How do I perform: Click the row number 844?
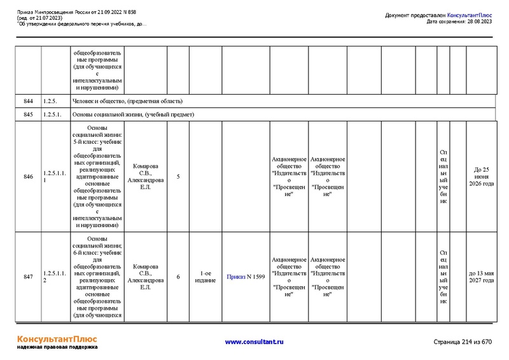click(x=28, y=101)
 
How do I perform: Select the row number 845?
click(x=28, y=114)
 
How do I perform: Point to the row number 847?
click(x=28, y=277)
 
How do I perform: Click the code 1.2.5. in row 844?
click(x=50, y=101)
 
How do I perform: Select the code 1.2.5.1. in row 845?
click(x=52, y=114)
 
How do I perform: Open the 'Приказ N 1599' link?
click(x=246, y=277)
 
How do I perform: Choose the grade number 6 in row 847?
click(x=178, y=277)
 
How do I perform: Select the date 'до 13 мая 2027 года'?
click(x=481, y=277)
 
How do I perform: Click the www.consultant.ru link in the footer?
click(x=254, y=342)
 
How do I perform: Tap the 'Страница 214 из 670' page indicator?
click(x=462, y=342)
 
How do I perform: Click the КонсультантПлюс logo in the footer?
click(x=57, y=338)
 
